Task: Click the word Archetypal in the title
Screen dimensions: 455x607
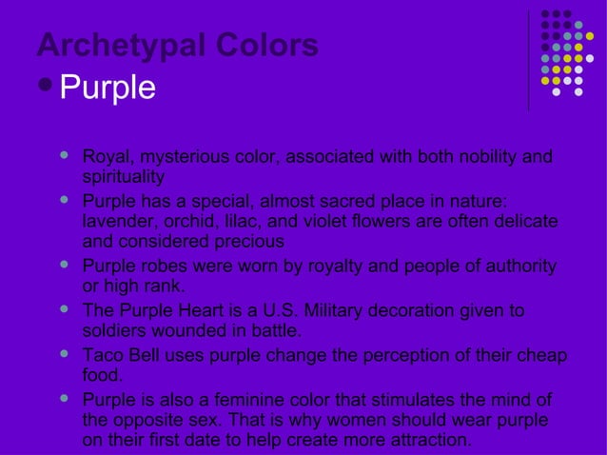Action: pyautogui.click(x=108, y=46)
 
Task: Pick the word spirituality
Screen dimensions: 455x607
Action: pyautogui.click(x=124, y=176)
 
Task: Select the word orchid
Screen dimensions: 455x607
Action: pyautogui.click(x=191, y=221)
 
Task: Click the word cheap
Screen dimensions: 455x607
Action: pyautogui.click(x=542, y=355)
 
